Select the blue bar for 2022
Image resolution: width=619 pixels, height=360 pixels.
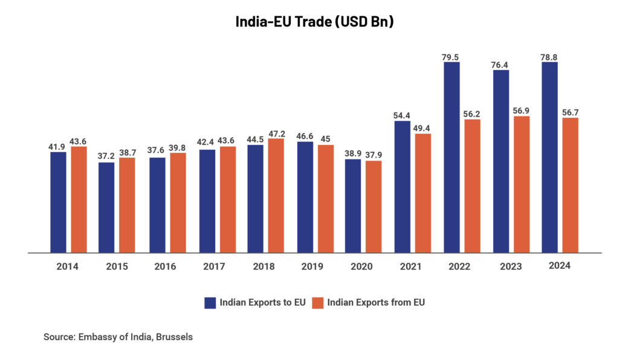point(452,157)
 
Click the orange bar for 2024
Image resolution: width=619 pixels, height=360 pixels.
point(570,185)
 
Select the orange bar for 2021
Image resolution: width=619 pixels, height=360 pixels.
point(423,193)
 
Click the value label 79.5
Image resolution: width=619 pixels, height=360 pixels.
point(450,57)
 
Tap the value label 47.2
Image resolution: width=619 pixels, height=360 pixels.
point(276,133)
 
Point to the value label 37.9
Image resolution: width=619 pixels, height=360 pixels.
point(374,156)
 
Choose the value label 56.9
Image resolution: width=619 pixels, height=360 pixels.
point(521,111)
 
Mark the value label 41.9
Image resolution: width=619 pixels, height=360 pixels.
point(57,147)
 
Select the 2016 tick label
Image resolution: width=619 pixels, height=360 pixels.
point(166,266)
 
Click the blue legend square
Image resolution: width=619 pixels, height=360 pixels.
point(210,303)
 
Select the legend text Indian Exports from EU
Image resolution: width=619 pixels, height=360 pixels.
point(376,303)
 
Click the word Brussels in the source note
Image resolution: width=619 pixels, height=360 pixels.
point(174,337)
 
